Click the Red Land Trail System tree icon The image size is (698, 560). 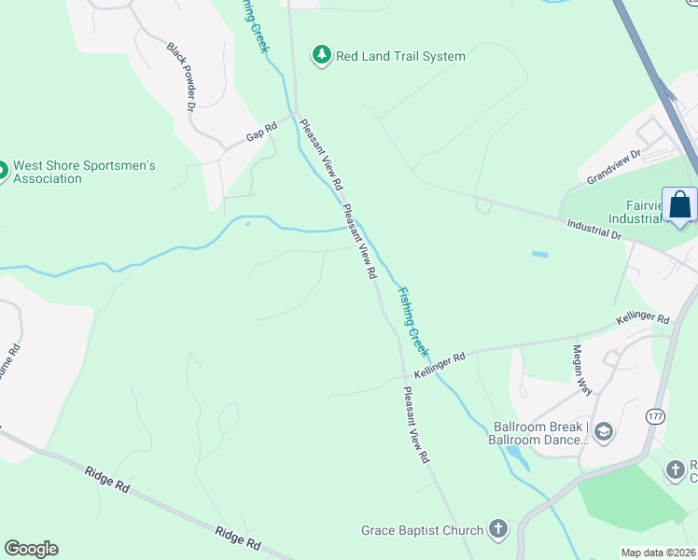[x=322, y=56]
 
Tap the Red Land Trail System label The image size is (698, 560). [x=400, y=56]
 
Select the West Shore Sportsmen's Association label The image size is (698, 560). [x=84, y=172]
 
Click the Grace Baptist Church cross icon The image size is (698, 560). [x=498, y=530]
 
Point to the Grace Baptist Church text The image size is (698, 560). [x=423, y=530]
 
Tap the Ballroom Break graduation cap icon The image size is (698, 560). [x=604, y=430]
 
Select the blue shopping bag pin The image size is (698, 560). [x=680, y=204]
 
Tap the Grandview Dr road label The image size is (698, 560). [x=614, y=166]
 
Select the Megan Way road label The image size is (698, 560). [x=582, y=370]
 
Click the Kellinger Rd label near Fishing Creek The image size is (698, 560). [x=440, y=365]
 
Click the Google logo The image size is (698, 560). [x=31, y=549]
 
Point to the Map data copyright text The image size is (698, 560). [x=658, y=553]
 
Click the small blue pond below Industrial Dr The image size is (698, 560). [x=540, y=254]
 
